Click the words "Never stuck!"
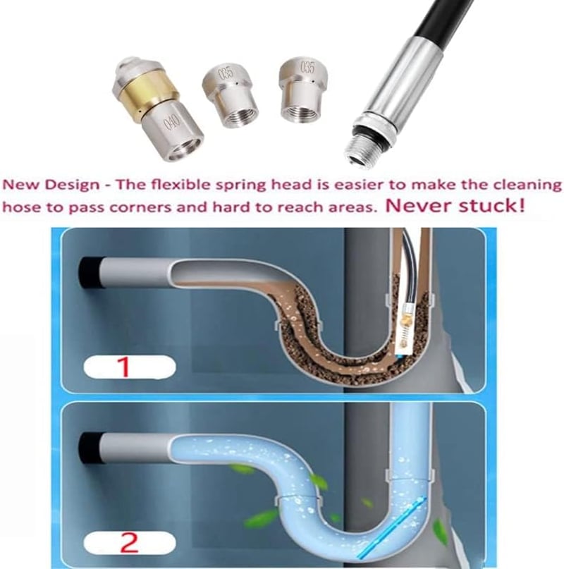(x=455, y=206)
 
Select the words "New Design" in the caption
(x=51, y=185)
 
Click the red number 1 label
(x=124, y=367)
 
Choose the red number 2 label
(x=129, y=542)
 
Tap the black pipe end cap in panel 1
(x=90, y=273)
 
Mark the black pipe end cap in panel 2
(x=89, y=448)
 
